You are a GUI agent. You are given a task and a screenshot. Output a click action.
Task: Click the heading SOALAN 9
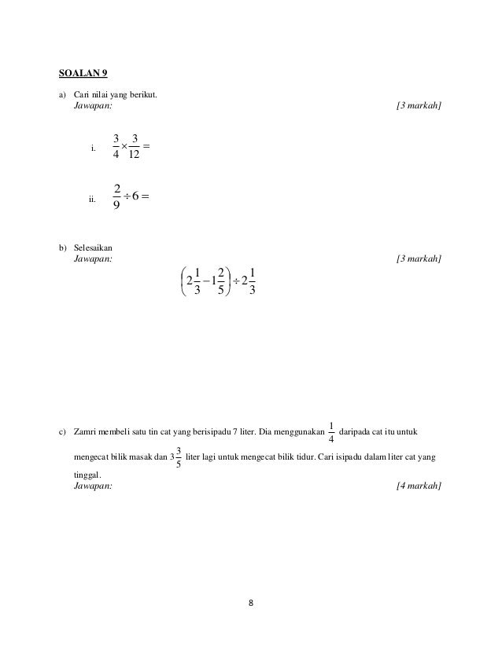[x=83, y=75]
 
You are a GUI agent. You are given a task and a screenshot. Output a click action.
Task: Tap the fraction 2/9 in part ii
[x=116, y=196]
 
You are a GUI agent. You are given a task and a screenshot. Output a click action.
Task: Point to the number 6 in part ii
[x=138, y=196]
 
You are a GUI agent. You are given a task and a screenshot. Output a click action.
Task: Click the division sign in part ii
[x=127, y=196]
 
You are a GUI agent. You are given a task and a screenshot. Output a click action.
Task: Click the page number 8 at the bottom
[x=250, y=603]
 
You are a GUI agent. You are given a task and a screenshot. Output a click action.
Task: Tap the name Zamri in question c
[x=85, y=433]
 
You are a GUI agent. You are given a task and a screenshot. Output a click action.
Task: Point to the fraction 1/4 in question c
[x=331, y=433]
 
